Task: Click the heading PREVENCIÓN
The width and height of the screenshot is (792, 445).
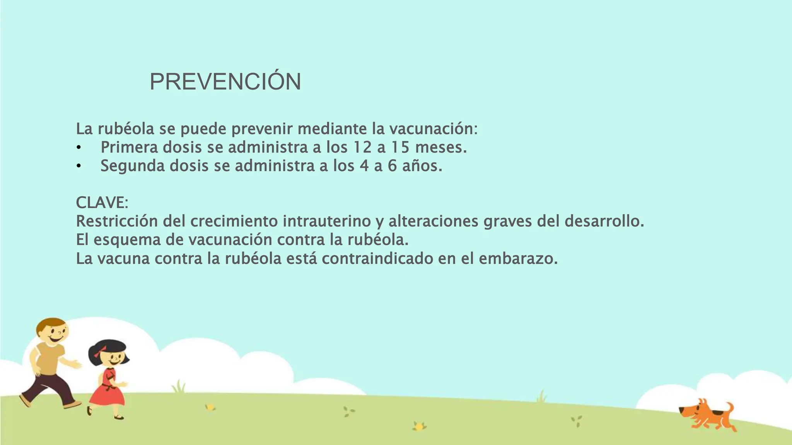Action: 225,82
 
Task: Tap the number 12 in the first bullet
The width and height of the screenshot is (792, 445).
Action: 362,148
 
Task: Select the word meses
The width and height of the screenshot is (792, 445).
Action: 441,148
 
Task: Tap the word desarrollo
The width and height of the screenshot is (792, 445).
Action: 604,221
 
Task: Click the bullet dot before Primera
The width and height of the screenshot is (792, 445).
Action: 79,148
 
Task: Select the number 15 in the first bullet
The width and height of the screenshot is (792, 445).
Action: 400,148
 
